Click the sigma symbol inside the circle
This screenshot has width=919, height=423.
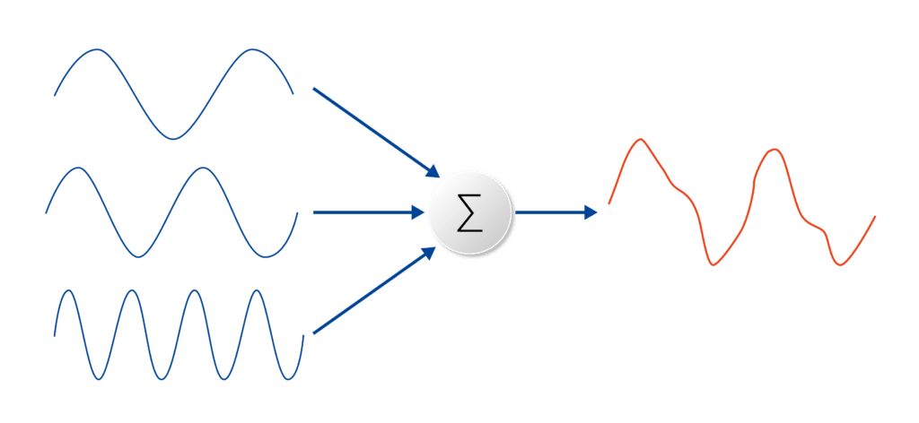[x=469, y=213]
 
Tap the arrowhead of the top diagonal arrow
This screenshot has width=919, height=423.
[x=432, y=170]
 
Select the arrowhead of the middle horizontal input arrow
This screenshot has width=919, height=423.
[x=417, y=212]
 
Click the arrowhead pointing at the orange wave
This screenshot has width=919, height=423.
[x=591, y=212]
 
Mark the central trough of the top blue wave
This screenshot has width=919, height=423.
[x=173, y=138]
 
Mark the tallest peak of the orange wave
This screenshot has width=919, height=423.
[x=640, y=139]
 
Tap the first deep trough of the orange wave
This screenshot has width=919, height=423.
[x=713, y=264]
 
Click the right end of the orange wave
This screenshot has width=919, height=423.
[x=875, y=216]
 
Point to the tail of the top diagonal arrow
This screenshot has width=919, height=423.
[x=313, y=89]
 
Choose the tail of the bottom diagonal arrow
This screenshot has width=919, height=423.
[x=313, y=333]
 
